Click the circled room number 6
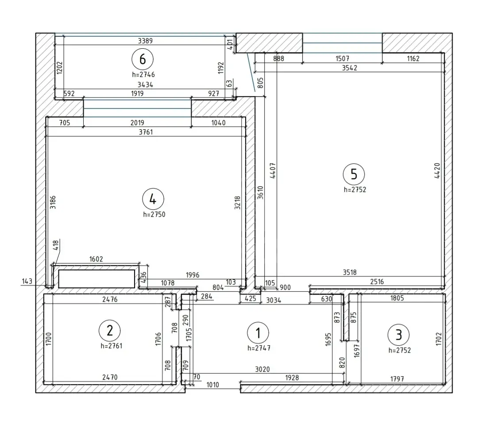(x=143, y=59)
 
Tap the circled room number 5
(x=354, y=174)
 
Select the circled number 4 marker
(x=153, y=200)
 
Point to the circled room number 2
(x=110, y=331)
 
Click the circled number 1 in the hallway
(x=258, y=333)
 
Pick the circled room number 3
(x=398, y=335)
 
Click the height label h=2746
(x=143, y=75)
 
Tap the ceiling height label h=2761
(x=111, y=346)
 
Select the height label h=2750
(x=154, y=215)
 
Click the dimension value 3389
(x=145, y=41)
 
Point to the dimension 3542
(x=349, y=68)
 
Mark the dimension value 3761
(x=146, y=132)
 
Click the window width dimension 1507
(x=342, y=58)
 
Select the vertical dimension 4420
(x=437, y=171)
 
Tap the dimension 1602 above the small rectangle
(x=96, y=259)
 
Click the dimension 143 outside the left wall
(x=27, y=281)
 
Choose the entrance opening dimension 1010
(x=212, y=385)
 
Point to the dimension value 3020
(x=262, y=370)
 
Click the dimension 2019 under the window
(x=137, y=123)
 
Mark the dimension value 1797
(x=397, y=379)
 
